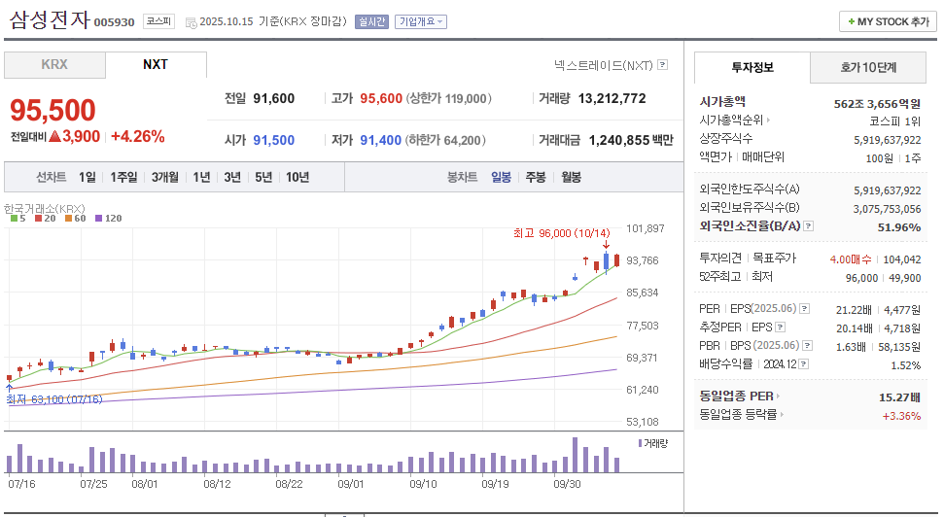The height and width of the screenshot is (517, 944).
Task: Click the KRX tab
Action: (x=54, y=65)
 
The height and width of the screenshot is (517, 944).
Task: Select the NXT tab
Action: (x=156, y=65)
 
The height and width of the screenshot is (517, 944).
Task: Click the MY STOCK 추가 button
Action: (x=888, y=21)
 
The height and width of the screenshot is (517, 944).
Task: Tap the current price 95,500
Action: (x=53, y=111)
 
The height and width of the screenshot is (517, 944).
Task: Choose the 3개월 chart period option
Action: (x=164, y=177)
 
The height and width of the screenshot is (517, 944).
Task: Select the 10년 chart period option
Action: (x=297, y=177)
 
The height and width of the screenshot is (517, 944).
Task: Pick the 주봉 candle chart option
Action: (x=536, y=177)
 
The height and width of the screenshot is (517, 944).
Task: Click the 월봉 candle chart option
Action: (x=571, y=177)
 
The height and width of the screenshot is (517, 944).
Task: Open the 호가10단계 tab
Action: (x=868, y=67)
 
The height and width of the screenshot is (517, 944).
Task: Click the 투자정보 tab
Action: (x=752, y=67)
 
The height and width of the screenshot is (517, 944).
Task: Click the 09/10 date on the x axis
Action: (x=424, y=482)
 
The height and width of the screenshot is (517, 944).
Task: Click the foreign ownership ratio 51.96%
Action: (x=898, y=227)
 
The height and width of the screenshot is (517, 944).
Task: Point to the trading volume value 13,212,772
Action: (x=612, y=98)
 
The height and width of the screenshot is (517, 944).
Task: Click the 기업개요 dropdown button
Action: (x=420, y=21)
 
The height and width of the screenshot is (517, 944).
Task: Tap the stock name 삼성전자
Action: (x=49, y=19)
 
